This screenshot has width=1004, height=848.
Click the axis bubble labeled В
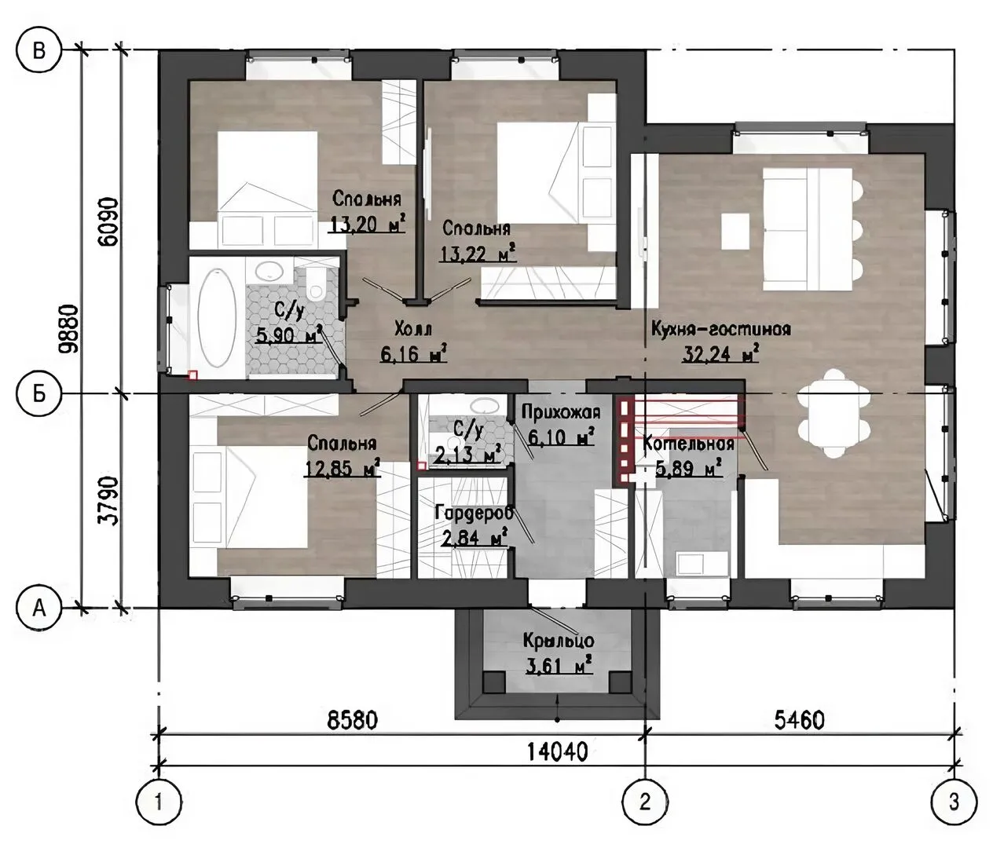point(39,50)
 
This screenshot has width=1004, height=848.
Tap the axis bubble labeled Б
point(39,394)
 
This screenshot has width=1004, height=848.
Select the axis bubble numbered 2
point(645,802)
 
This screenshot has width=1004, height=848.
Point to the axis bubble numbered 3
point(954,802)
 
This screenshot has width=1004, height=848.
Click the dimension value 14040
point(557,752)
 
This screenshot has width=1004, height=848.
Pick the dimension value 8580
point(353,721)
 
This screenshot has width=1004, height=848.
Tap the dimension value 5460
point(799,721)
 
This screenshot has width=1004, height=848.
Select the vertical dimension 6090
point(108,221)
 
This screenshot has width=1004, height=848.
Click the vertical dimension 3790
point(108,502)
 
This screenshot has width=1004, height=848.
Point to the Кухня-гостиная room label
point(721,330)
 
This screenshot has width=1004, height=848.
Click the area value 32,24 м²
point(720,354)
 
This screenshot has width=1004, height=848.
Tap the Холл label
point(413,330)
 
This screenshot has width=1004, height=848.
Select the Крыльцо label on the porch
point(559,641)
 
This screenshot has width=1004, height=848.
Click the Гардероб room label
point(474,513)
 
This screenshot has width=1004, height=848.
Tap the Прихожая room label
point(561,412)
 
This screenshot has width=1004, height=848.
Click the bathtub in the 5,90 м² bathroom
point(218,318)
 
